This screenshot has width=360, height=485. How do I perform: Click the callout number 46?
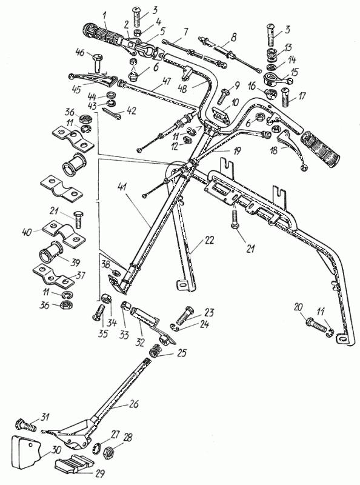(81, 52)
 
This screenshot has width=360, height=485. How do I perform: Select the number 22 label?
(209, 240)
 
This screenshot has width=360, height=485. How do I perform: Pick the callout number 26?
(133, 404)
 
